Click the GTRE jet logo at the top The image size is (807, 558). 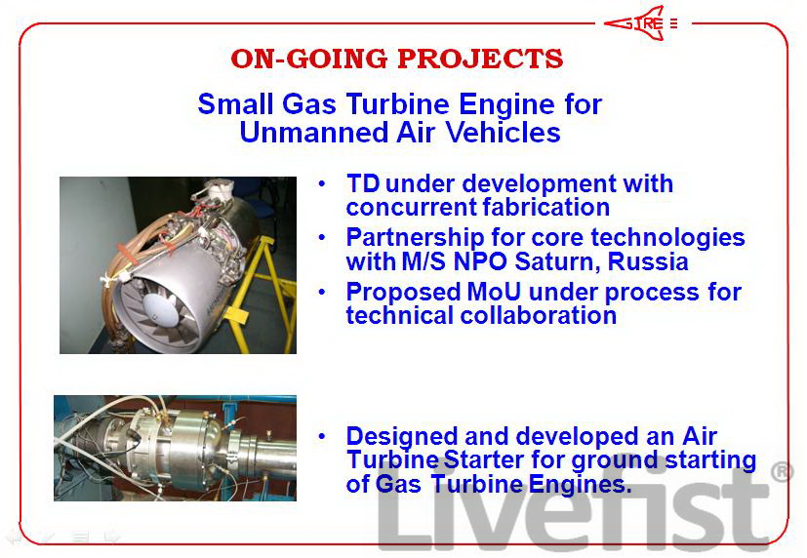(x=641, y=23)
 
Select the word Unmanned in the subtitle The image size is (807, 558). (x=314, y=132)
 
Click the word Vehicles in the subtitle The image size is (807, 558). (x=503, y=132)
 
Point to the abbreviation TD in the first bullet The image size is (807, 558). (x=363, y=183)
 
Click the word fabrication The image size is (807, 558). (x=546, y=207)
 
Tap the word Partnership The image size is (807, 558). (x=415, y=238)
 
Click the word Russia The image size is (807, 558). (x=648, y=261)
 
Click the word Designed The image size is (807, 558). (x=402, y=437)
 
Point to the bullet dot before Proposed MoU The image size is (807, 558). (x=322, y=292)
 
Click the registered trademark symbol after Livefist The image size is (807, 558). (x=782, y=472)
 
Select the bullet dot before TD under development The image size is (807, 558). (x=322, y=183)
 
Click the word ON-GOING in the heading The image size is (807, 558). (x=308, y=59)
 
